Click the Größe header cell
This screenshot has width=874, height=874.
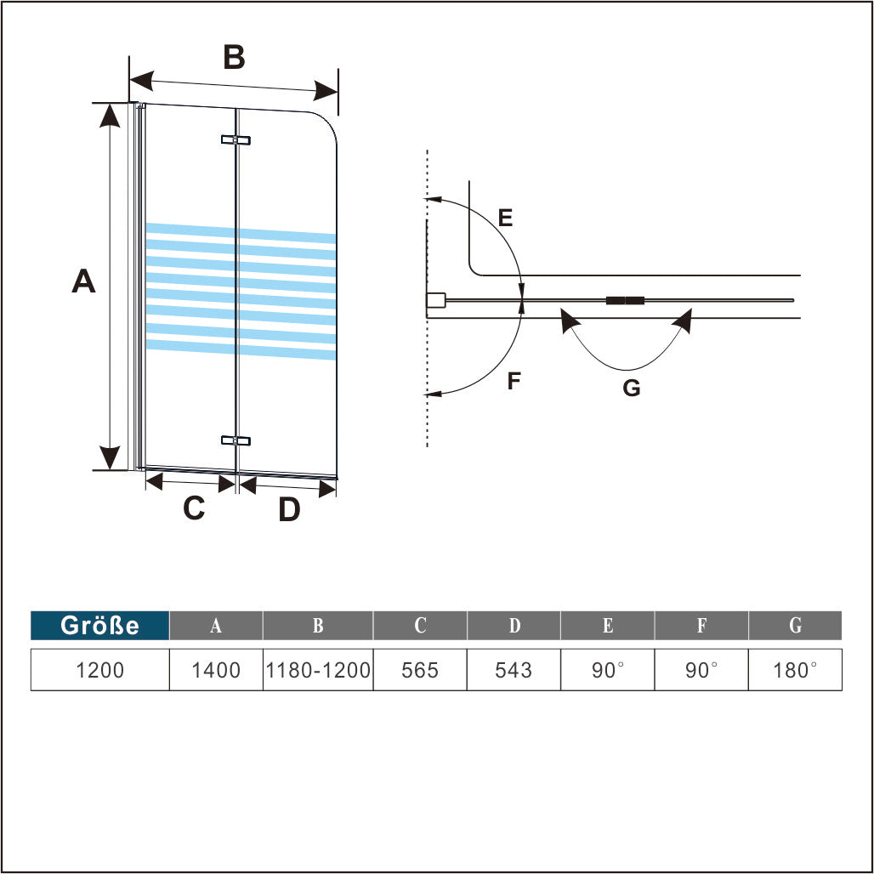(100, 626)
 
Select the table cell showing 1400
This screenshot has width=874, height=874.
(216, 670)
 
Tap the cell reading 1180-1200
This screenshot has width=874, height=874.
(318, 670)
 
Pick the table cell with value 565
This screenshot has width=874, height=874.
(420, 670)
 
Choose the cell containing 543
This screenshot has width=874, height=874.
(514, 670)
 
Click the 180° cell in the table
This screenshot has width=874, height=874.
(795, 670)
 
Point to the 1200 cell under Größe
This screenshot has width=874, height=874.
(100, 670)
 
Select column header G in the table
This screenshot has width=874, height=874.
(795, 626)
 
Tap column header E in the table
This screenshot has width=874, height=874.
(607, 626)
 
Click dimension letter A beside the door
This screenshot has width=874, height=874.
(83, 281)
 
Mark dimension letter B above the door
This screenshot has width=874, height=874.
(234, 58)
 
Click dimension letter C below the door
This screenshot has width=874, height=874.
(194, 508)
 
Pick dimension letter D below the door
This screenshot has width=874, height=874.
(289, 510)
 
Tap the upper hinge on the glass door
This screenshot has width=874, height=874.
(236, 139)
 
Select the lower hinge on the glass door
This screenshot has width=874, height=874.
(236, 440)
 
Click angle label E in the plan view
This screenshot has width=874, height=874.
(506, 218)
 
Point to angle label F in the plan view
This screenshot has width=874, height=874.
(514, 381)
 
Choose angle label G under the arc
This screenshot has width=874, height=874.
(631, 389)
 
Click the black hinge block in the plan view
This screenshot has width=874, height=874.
(625, 300)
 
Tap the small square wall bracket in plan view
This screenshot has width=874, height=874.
(435, 300)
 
